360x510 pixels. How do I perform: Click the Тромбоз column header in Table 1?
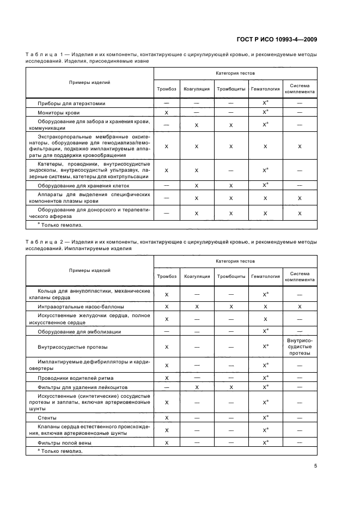166,88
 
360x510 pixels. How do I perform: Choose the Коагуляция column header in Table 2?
197,276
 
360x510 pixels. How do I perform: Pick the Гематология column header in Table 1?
265,88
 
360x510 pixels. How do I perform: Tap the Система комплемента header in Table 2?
300,276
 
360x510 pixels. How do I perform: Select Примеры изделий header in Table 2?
89,270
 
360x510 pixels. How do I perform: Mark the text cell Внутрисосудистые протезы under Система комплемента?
300,346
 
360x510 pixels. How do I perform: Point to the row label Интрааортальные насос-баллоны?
80,307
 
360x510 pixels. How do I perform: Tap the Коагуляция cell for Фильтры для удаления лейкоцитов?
197,387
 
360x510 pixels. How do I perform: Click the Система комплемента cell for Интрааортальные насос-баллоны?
300,307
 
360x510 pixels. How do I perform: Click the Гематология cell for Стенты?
265,417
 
